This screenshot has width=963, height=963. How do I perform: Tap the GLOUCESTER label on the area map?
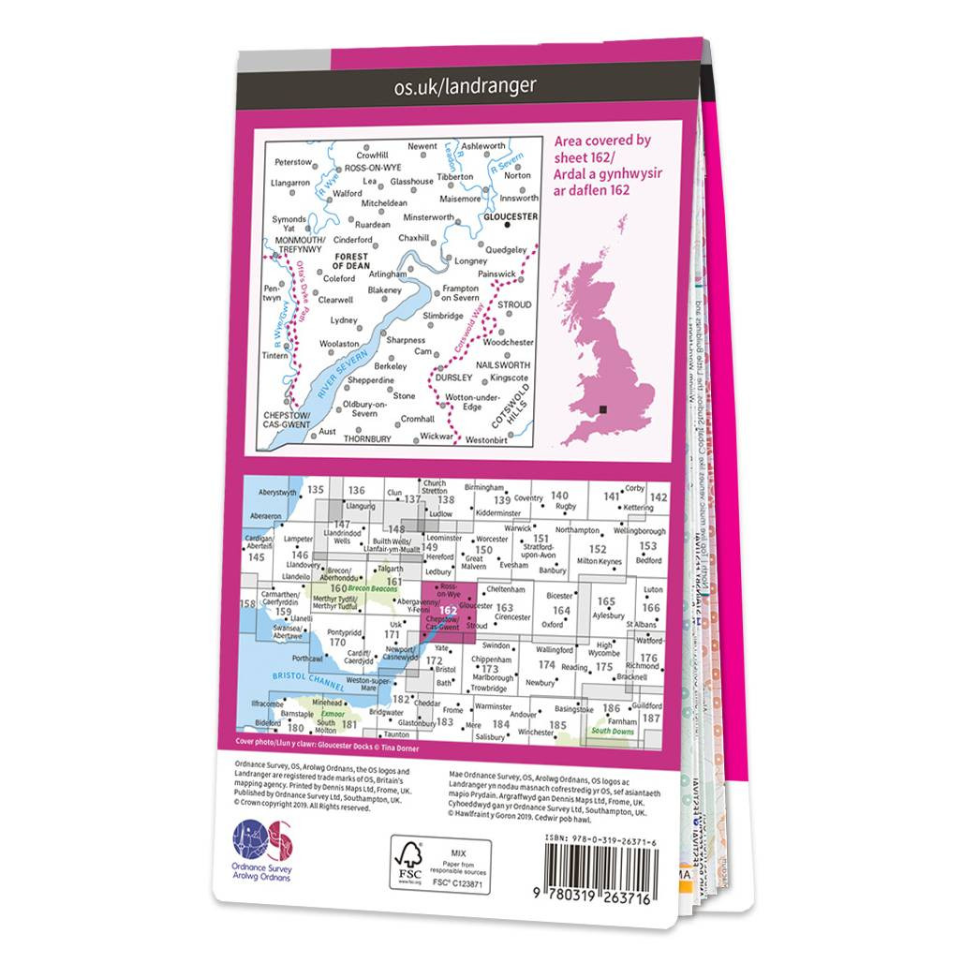510,216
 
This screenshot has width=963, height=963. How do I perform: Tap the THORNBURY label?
366,437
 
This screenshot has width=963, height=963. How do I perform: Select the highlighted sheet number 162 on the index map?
449,610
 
